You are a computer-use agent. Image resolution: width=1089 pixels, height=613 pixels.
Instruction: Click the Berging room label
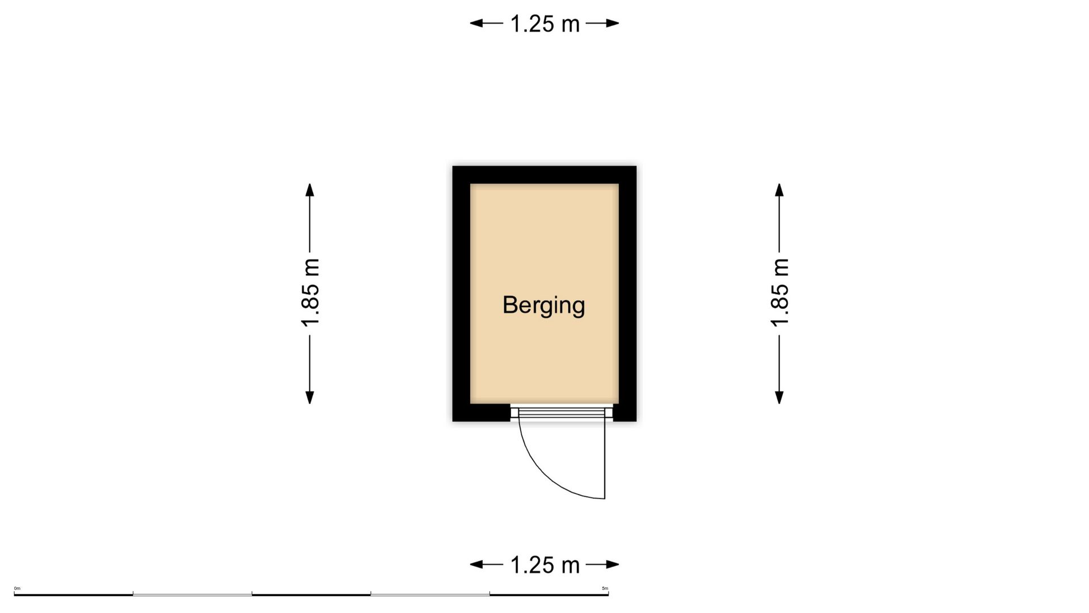(543, 305)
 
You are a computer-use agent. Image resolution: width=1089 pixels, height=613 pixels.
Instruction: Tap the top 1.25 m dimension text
(544, 24)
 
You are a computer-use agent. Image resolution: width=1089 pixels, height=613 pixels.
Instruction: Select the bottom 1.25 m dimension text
(544, 565)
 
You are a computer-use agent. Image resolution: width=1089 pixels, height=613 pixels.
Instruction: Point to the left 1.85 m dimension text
(310, 293)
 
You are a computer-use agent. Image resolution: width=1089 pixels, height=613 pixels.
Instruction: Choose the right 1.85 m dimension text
(780, 293)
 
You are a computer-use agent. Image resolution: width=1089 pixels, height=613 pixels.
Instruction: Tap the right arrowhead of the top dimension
(613, 23)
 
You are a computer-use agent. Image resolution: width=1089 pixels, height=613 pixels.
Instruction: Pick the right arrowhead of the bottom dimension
(613, 564)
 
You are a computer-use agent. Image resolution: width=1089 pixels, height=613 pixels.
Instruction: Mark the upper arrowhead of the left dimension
(310, 190)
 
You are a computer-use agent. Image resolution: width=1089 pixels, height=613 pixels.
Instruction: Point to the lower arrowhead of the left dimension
(310, 397)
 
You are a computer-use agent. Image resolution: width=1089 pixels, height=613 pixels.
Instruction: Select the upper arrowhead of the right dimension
(779, 190)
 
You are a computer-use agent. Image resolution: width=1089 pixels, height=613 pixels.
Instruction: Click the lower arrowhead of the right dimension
(779, 397)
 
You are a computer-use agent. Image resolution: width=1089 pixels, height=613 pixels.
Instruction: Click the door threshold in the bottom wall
(562, 412)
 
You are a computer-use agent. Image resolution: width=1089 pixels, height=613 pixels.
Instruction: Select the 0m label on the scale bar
(17, 588)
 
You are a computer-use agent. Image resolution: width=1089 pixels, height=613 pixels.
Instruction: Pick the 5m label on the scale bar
(605, 588)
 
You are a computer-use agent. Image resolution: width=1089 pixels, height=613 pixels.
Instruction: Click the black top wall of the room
(544, 175)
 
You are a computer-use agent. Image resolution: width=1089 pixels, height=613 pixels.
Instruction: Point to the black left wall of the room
(461, 293)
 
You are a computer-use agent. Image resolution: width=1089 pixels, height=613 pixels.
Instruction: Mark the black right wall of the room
(628, 293)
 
